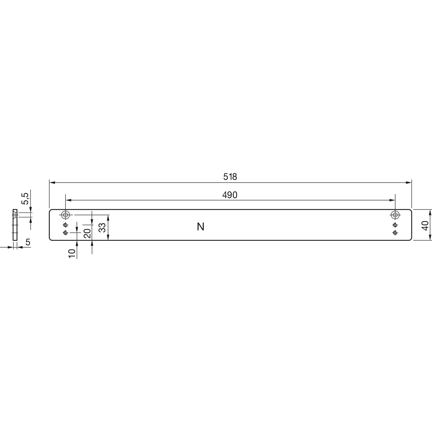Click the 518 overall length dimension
point(230,177)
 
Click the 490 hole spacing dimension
point(230,195)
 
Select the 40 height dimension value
point(424,225)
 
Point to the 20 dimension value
point(88,232)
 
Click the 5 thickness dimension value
point(28,242)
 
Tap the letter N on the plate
point(201,227)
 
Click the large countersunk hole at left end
point(65,215)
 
